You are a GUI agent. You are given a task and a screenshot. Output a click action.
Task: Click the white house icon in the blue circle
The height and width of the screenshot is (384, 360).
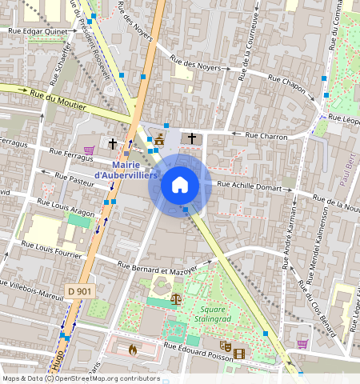tap(180, 186)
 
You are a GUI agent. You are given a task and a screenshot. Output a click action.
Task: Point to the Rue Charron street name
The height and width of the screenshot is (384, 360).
tap(266, 136)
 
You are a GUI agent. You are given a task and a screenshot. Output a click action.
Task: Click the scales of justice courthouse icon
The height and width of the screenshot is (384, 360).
tap(176, 297)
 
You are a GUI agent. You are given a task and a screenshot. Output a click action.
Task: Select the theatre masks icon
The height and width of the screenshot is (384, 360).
tap(226, 346)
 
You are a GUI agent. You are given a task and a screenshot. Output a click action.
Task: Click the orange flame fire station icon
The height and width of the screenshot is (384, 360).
tap(132, 349)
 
